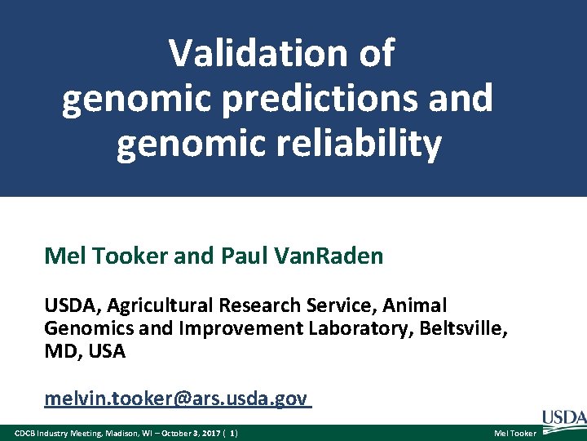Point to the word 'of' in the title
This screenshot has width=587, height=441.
(x=375, y=54)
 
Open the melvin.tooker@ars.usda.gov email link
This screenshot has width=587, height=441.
(x=176, y=399)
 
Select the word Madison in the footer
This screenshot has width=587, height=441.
(x=111, y=432)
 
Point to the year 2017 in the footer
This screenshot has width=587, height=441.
(x=205, y=432)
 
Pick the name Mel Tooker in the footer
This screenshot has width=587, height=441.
(x=515, y=432)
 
